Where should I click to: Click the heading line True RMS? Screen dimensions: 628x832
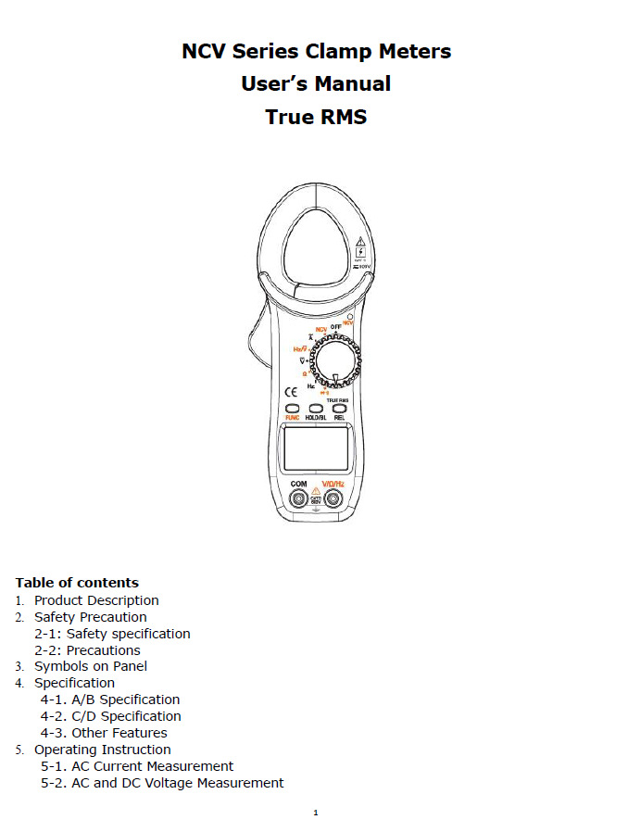click(316, 118)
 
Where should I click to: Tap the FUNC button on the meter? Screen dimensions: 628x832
click(292, 409)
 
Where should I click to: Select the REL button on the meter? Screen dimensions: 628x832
click(340, 409)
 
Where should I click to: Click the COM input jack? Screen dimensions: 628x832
click(299, 500)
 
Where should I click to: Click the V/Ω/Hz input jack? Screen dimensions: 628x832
click(333, 500)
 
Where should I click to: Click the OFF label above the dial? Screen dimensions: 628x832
click(336, 327)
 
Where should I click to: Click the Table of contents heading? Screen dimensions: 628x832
click(77, 583)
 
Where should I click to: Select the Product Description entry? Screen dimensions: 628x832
click(96, 600)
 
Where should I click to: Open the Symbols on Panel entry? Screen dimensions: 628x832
click(91, 666)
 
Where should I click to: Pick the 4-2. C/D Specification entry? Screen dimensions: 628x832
click(110, 716)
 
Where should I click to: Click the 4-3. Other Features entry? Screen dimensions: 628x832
click(104, 733)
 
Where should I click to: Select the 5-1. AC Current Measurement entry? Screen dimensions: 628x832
click(137, 766)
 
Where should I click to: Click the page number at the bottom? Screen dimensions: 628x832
click(315, 813)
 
